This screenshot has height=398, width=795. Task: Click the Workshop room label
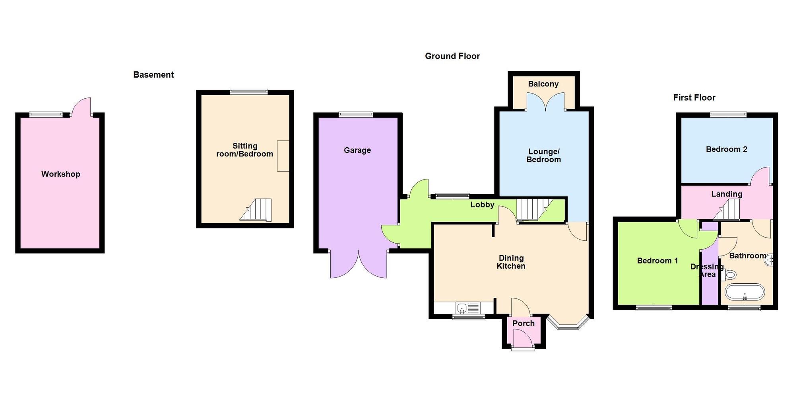click(x=61, y=174)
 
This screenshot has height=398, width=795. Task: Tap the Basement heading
click(x=153, y=75)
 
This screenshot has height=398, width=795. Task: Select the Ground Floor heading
click(x=452, y=56)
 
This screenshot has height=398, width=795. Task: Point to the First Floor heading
click(x=694, y=98)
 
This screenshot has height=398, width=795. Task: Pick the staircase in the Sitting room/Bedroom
click(x=256, y=210)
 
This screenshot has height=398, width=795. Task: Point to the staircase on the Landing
click(x=727, y=210)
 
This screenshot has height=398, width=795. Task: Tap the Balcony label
click(x=543, y=84)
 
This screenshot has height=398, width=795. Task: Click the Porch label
click(x=524, y=323)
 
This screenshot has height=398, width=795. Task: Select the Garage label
click(x=357, y=150)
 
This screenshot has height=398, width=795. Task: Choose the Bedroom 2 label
click(x=727, y=149)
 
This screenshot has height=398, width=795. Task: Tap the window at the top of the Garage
click(x=356, y=115)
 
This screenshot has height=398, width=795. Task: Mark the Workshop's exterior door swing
click(x=82, y=106)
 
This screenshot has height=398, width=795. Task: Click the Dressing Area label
click(x=707, y=271)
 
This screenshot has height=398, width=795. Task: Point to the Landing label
click(x=727, y=194)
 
